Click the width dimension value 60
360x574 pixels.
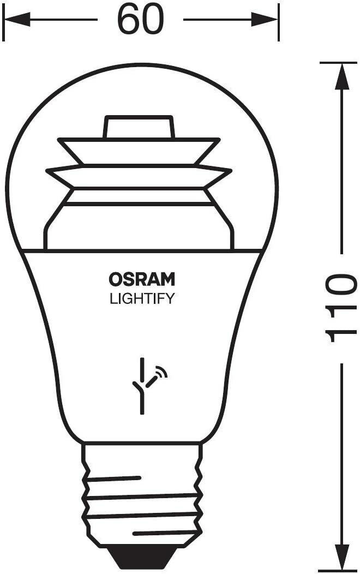click(x=141, y=20)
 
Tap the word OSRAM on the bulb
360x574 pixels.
click(x=142, y=279)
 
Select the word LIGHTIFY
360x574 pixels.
click(x=142, y=298)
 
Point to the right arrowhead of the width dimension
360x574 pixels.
click(x=265, y=20)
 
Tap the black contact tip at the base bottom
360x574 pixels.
click(x=141, y=559)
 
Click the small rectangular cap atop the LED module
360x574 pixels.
click(x=139, y=127)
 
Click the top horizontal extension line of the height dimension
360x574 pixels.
click(x=338, y=63)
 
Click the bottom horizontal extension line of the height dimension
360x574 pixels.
click(x=338, y=571)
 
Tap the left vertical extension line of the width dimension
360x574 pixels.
click(x=3, y=22)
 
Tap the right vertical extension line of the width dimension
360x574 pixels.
click(x=279, y=22)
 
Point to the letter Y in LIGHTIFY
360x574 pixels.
click(x=170, y=298)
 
